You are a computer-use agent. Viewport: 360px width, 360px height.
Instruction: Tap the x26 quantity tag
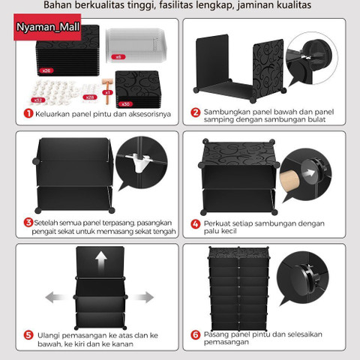pos(46,70)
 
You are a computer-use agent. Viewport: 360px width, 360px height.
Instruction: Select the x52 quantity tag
pos(37,98)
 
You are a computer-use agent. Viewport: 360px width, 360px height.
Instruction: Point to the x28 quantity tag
pos(89,97)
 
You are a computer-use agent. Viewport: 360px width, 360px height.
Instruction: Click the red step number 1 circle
pos(28,114)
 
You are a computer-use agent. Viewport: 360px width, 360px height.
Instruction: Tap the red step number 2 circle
pos(195,113)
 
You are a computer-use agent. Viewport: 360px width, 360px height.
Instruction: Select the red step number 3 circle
pos(28,222)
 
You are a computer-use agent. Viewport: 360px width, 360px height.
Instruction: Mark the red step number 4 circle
pos(195,223)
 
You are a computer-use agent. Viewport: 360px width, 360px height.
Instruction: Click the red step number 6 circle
pos(195,334)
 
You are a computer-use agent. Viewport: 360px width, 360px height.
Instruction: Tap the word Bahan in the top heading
pos(81,6)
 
